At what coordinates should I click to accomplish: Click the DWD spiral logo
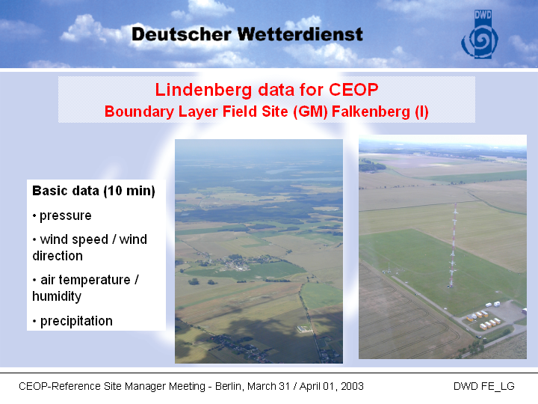click(480, 34)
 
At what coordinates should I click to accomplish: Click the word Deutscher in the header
click(182, 34)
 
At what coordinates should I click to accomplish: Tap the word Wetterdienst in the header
click(300, 34)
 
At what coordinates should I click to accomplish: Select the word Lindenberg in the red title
click(203, 90)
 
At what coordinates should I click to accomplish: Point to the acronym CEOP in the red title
click(353, 89)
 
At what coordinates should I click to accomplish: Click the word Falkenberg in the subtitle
click(371, 112)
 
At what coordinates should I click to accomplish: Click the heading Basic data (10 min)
click(93, 191)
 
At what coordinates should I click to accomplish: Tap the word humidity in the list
click(57, 296)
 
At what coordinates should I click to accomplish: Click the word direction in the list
click(58, 256)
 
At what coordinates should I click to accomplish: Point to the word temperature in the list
click(94, 280)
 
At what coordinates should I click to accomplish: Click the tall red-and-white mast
click(453, 245)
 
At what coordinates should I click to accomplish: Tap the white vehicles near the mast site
click(492, 304)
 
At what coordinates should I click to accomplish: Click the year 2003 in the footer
click(353, 386)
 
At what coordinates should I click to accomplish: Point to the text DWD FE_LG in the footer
click(483, 386)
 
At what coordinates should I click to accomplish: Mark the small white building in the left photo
click(304, 329)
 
